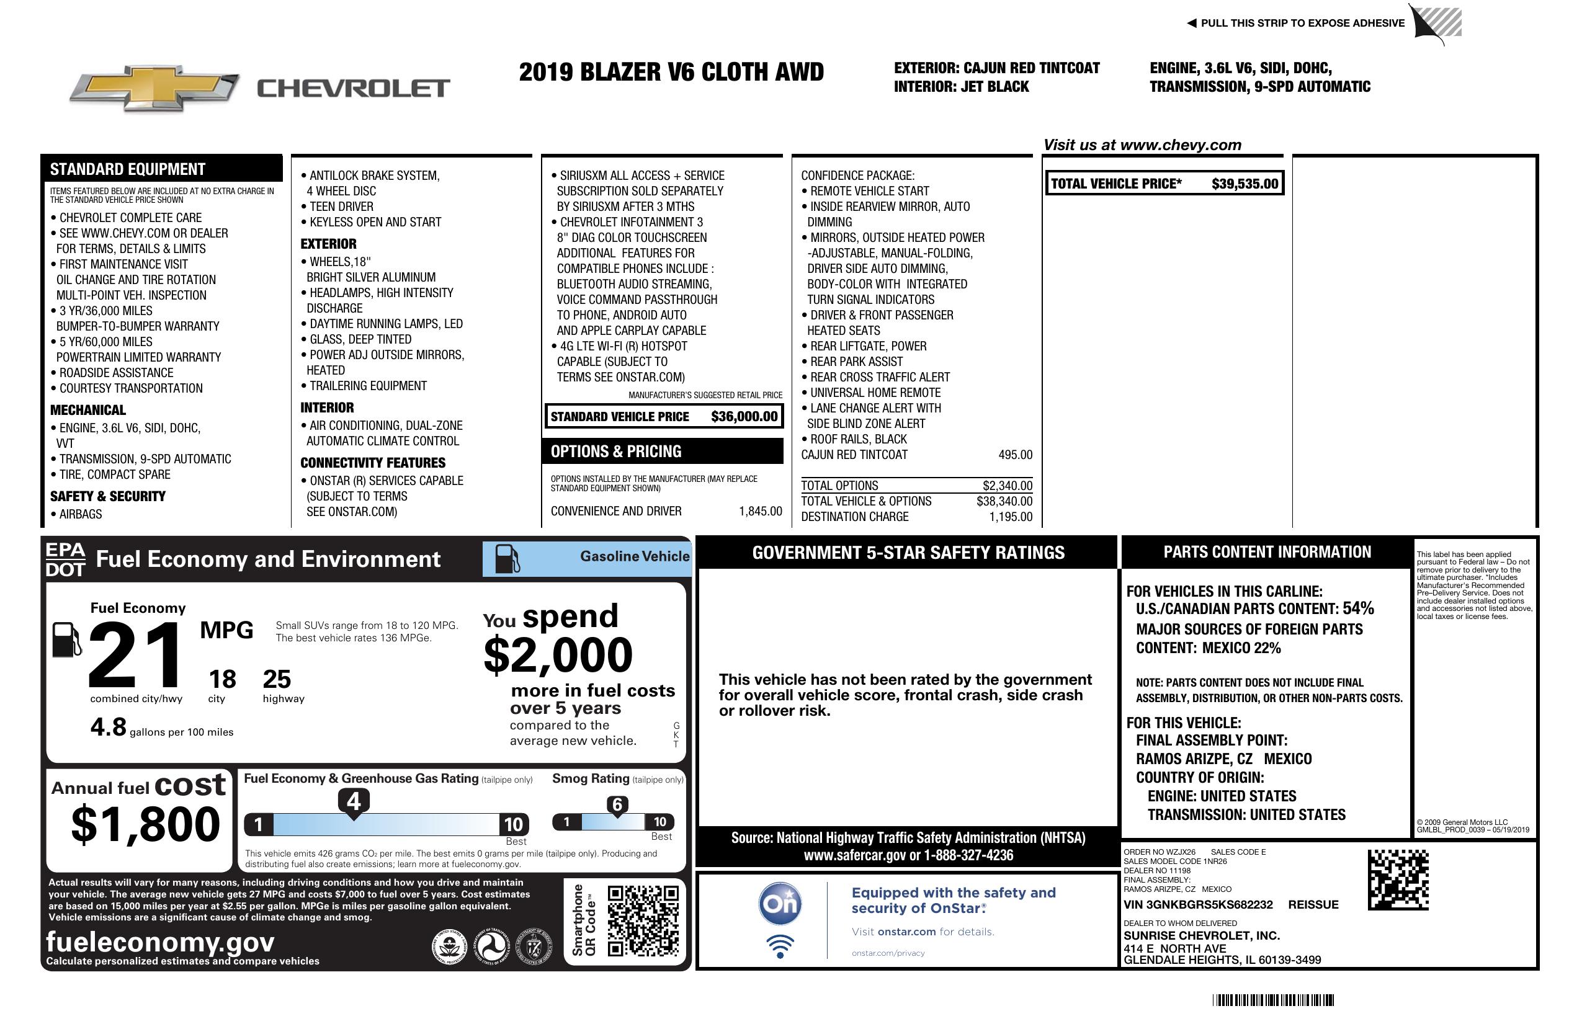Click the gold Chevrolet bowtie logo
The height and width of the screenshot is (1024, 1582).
[x=154, y=87]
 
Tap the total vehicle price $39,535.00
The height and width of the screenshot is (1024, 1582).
[x=1245, y=184]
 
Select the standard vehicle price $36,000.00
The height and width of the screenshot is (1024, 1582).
[x=744, y=417]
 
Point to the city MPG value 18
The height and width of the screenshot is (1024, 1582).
[x=222, y=679]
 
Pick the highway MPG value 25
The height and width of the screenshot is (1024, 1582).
[x=277, y=679]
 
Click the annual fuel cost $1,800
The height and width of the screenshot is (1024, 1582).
[x=146, y=824]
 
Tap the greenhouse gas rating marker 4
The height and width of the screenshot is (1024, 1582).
[x=354, y=801]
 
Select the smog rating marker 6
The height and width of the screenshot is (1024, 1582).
[x=617, y=804]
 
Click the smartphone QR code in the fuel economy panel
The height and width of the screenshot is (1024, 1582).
[x=643, y=920]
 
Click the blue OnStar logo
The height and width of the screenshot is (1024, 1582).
[x=780, y=904]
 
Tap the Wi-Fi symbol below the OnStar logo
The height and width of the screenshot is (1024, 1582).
[x=780, y=946]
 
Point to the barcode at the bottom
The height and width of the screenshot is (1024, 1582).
[x=1272, y=1000]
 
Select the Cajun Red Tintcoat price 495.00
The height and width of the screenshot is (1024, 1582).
[x=1015, y=455]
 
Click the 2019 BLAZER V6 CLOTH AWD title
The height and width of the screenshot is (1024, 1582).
[x=671, y=73]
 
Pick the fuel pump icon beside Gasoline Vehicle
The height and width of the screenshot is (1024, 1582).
[x=507, y=559]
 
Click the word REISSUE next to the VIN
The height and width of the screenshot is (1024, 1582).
[x=1313, y=905]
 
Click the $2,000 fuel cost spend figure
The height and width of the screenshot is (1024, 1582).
[x=558, y=655]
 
